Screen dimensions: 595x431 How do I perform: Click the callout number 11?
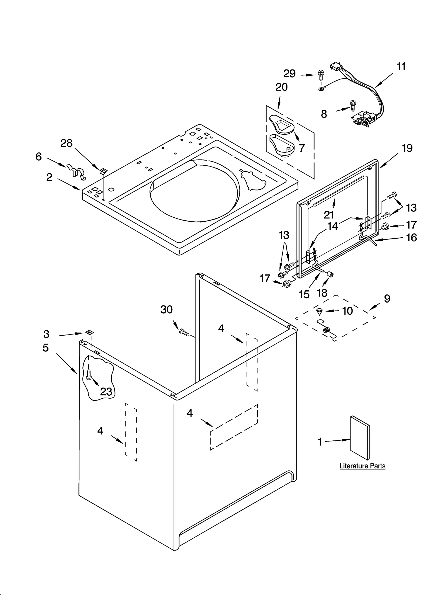(401, 66)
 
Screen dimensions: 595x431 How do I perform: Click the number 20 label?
(281, 87)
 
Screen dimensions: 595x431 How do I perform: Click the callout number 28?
(66, 143)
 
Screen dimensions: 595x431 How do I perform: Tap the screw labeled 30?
(184, 332)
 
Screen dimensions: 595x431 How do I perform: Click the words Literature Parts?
(362, 466)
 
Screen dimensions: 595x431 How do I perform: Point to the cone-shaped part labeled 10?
(319, 312)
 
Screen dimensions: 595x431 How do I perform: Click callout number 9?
(387, 298)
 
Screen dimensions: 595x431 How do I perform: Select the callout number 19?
(407, 148)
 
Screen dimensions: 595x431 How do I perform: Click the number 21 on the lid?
(329, 215)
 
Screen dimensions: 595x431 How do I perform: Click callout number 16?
(411, 238)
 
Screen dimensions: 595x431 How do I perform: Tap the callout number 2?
(49, 177)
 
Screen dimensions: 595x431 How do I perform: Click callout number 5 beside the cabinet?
(46, 348)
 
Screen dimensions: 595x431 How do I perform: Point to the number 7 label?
(302, 148)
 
